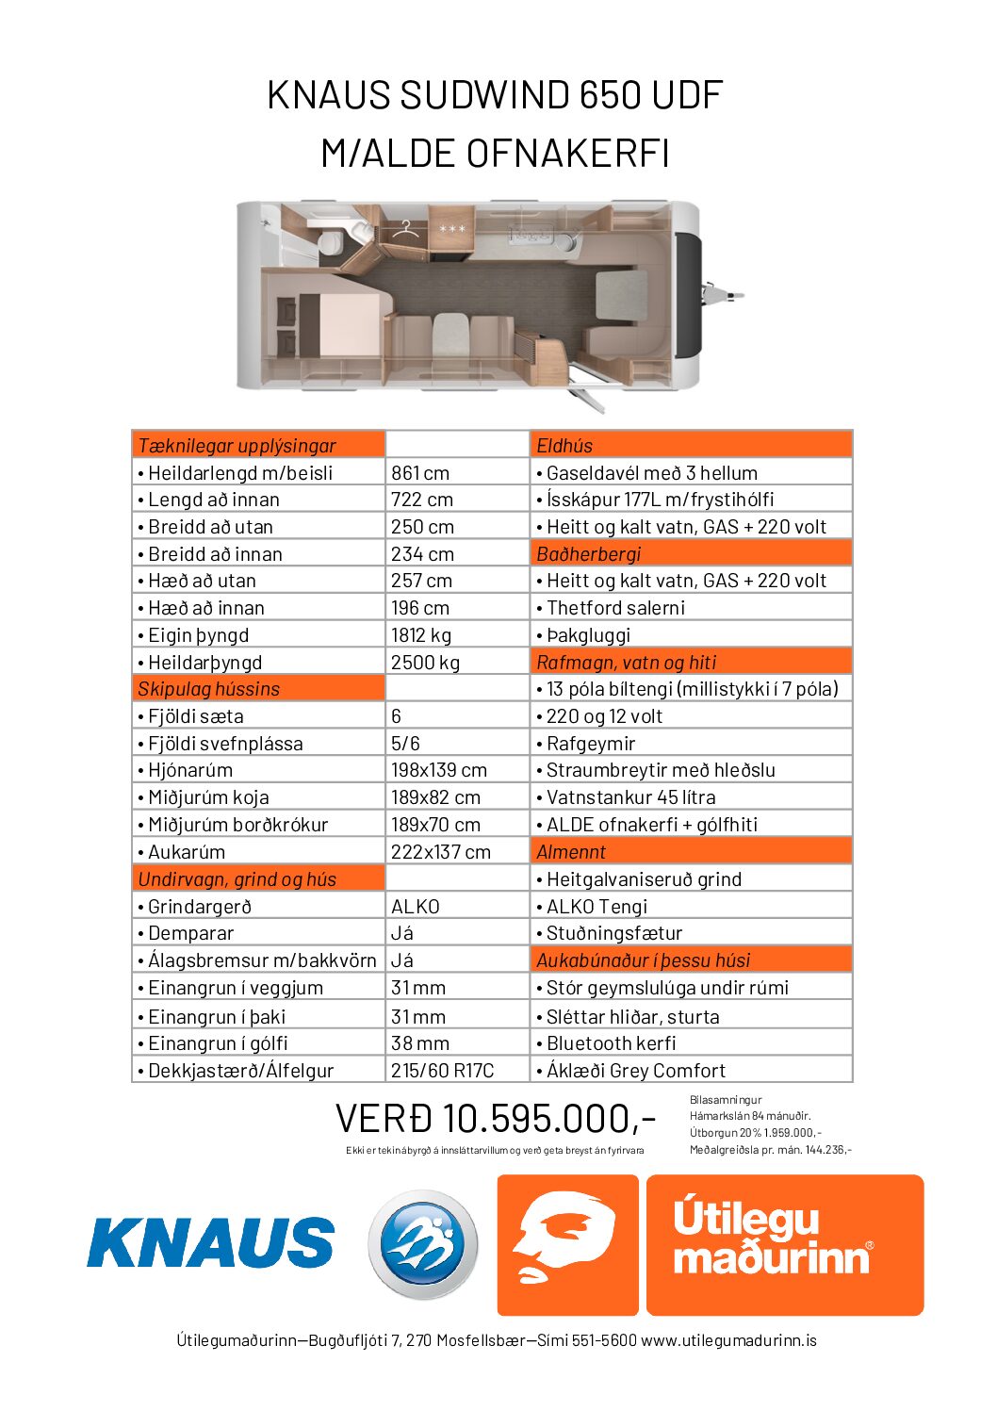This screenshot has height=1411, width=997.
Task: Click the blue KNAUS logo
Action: [210, 1242]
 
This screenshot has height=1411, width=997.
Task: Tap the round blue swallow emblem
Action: [422, 1244]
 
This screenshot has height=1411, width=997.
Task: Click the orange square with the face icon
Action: [567, 1244]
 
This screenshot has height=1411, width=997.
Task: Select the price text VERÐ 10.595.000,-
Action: [495, 1119]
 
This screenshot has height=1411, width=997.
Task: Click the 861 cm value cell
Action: [420, 473]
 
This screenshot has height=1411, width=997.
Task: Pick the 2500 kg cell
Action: [425, 663]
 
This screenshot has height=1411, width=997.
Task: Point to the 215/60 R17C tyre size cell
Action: [442, 1071]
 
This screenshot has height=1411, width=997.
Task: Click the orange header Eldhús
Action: [564, 446]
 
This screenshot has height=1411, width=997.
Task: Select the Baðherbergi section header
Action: [588, 554]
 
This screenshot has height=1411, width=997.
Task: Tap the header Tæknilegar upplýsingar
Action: [237, 446]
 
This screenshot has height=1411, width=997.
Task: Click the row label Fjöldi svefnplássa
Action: [225, 744]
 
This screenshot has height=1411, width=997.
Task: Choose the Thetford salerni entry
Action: [615, 608]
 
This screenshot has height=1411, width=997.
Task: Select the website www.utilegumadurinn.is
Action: [728, 1340]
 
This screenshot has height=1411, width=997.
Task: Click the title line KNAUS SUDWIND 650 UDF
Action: [496, 95]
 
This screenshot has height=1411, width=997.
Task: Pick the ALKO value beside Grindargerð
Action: [416, 907]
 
